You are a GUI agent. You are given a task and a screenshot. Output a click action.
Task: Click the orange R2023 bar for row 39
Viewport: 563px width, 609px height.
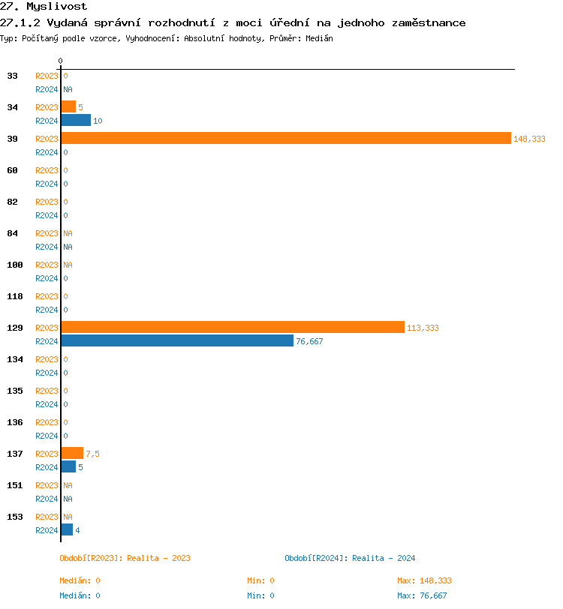tap(285, 138)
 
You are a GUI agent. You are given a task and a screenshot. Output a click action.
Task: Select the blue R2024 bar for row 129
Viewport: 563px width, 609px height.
tap(177, 340)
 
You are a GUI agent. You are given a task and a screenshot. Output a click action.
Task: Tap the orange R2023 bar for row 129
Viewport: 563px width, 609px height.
tap(233, 327)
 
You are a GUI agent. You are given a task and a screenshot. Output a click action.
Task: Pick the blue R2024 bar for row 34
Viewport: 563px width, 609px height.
tap(76, 120)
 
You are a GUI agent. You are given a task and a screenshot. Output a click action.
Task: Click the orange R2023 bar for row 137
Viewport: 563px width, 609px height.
tap(72, 453)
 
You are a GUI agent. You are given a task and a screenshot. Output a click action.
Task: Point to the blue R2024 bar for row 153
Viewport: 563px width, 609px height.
tap(67, 529)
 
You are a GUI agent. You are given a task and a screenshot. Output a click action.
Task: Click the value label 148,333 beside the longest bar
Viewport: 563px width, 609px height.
tap(529, 139)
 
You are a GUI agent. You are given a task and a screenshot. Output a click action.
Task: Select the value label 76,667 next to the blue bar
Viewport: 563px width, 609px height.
tap(309, 341)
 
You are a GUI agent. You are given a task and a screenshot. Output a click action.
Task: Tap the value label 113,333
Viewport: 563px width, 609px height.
tap(423, 328)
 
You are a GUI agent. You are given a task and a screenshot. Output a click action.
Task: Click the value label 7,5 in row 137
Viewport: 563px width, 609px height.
tap(92, 454)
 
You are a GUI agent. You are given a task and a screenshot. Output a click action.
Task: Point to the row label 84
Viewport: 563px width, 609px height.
tap(13, 233)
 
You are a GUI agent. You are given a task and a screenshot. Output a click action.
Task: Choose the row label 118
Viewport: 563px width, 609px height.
tap(15, 296)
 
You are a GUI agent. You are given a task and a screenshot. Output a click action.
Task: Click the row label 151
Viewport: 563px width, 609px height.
tap(15, 485)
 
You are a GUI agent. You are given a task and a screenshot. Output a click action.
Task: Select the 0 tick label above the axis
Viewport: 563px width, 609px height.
tap(61, 61)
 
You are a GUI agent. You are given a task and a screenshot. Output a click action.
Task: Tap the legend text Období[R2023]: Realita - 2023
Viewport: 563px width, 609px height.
tap(125, 558)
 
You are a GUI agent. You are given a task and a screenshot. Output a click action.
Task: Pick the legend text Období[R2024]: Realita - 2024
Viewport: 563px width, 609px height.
tap(350, 558)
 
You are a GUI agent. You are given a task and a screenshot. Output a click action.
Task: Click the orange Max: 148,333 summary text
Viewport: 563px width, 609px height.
tap(424, 580)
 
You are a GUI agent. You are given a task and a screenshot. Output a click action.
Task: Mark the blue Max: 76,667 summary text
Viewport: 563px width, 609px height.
tap(422, 595)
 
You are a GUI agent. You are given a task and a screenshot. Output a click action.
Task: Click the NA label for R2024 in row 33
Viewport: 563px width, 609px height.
tap(68, 89)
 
